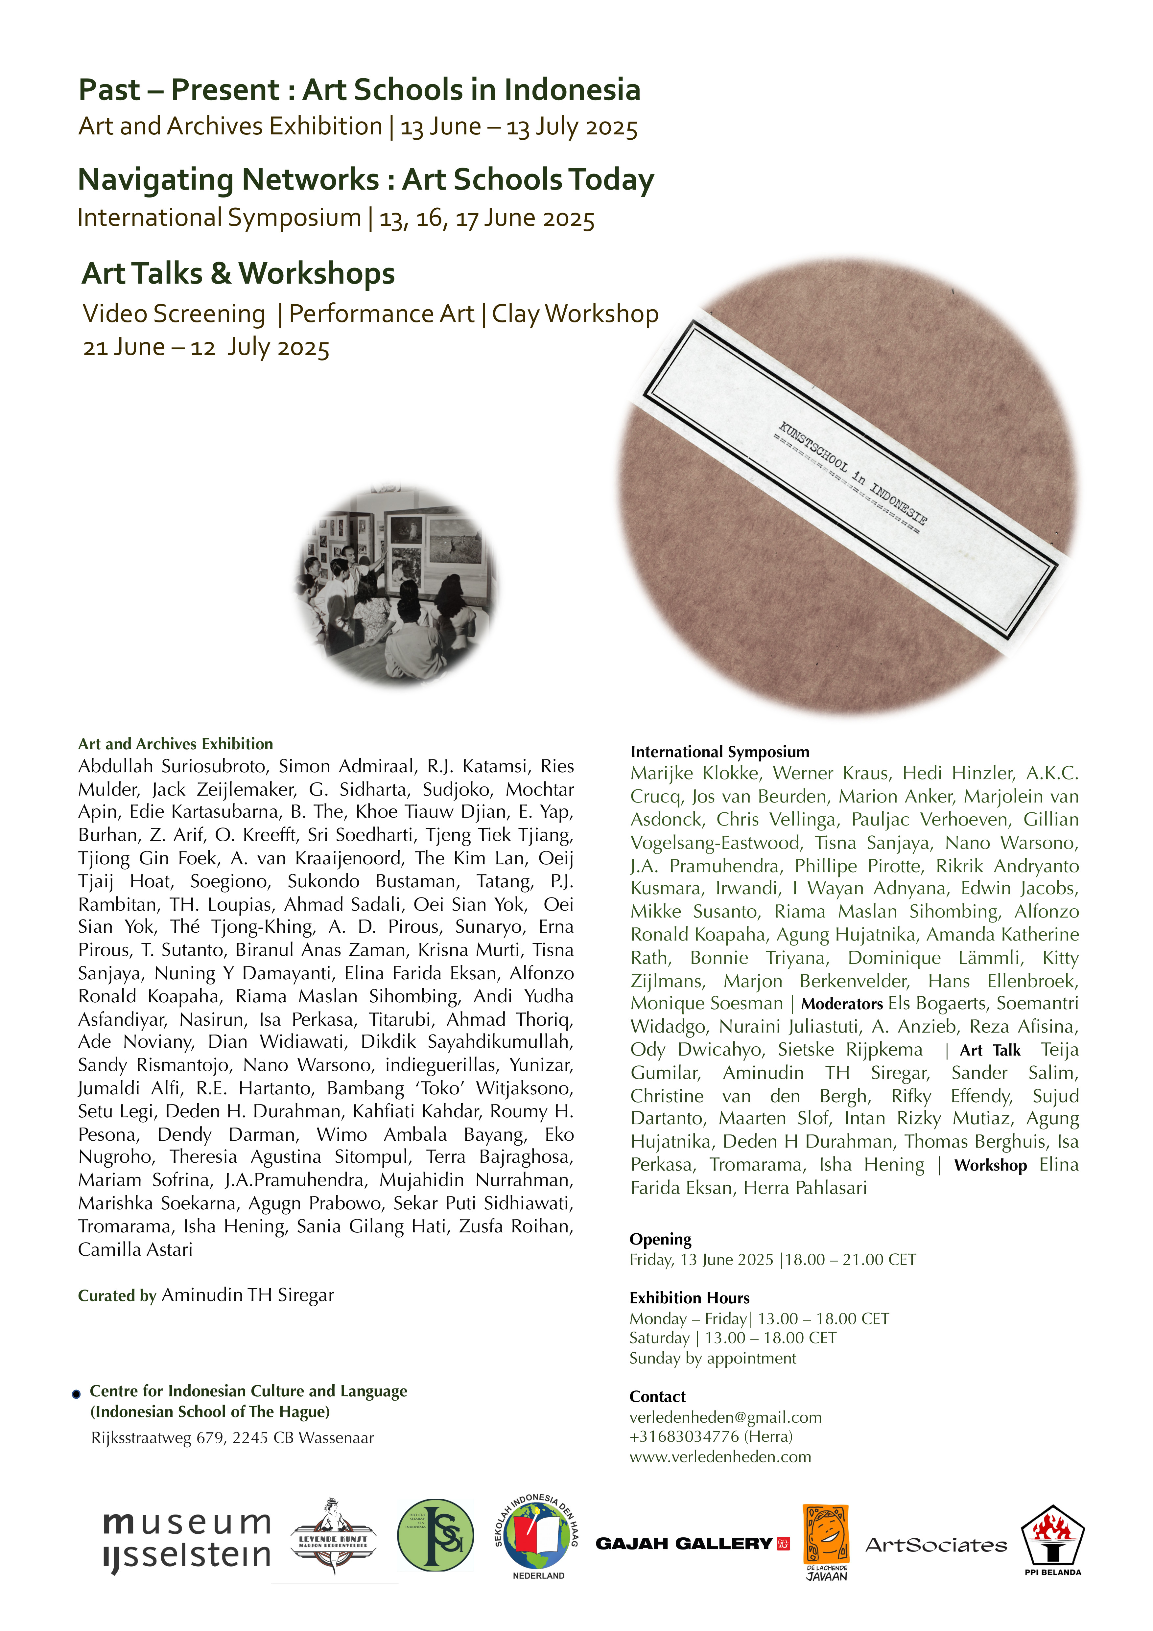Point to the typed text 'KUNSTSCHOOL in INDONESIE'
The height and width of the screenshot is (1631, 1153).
(x=853, y=472)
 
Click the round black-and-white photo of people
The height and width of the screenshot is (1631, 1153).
(x=396, y=586)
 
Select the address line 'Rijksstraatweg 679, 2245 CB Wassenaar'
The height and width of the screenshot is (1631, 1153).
(x=232, y=1438)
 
